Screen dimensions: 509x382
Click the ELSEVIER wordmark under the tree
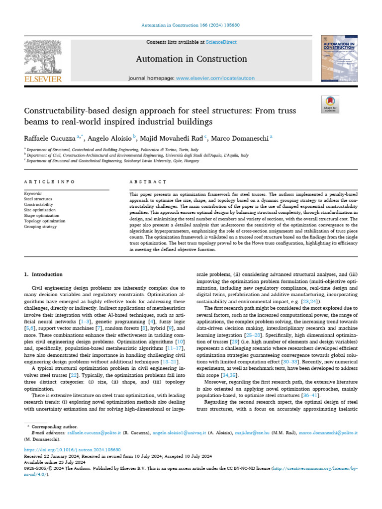[43, 79]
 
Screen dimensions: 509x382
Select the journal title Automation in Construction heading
[191, 59]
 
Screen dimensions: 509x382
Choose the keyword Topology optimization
[45, 221]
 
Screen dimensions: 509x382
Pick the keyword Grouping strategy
[41, 226]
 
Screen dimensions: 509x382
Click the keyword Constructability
[39, 204]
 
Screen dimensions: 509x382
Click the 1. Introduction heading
[44, 274]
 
